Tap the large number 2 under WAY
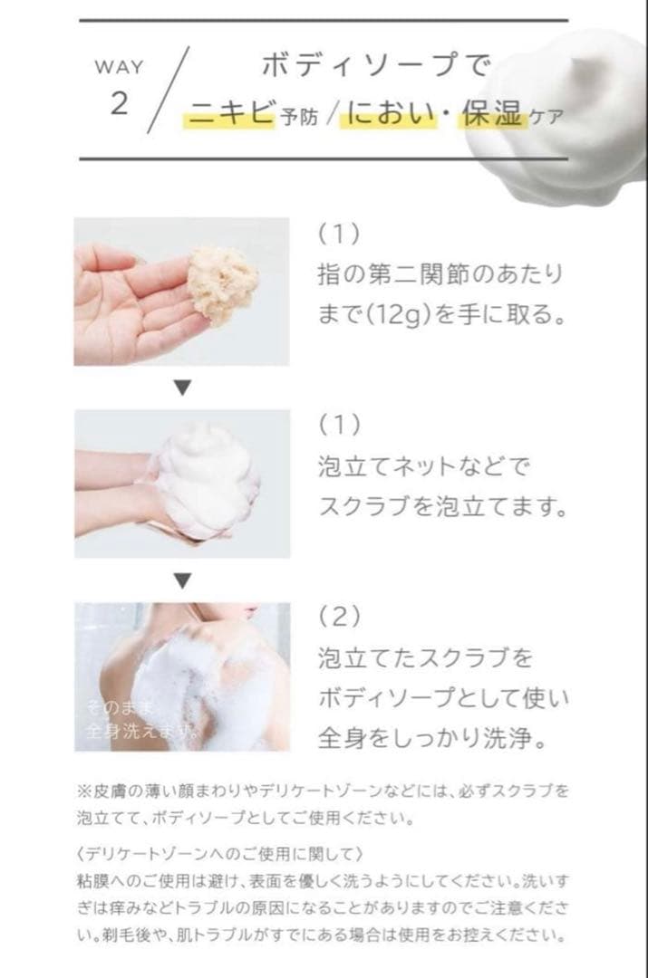point(119,104)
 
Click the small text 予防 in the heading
point(298,120)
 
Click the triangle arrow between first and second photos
point(182,387)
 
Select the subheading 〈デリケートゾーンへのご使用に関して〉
point(221,854)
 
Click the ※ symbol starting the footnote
point(82,791)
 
